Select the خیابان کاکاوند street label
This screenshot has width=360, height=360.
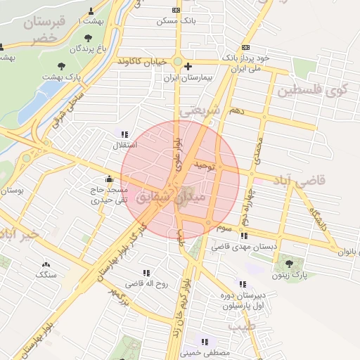(142, 62)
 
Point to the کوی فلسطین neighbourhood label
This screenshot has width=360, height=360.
(313, 91)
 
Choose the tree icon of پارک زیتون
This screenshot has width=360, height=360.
(289, 264)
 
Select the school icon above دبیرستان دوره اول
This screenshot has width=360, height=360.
(243, 285)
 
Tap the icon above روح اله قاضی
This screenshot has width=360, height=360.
(146, 273)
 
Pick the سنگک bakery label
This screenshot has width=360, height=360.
(46, 274)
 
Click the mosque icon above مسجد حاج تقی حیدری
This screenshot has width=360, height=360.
(109, 179)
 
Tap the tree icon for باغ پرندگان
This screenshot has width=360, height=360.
(87, 38)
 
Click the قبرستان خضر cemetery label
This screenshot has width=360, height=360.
(44, 30)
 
